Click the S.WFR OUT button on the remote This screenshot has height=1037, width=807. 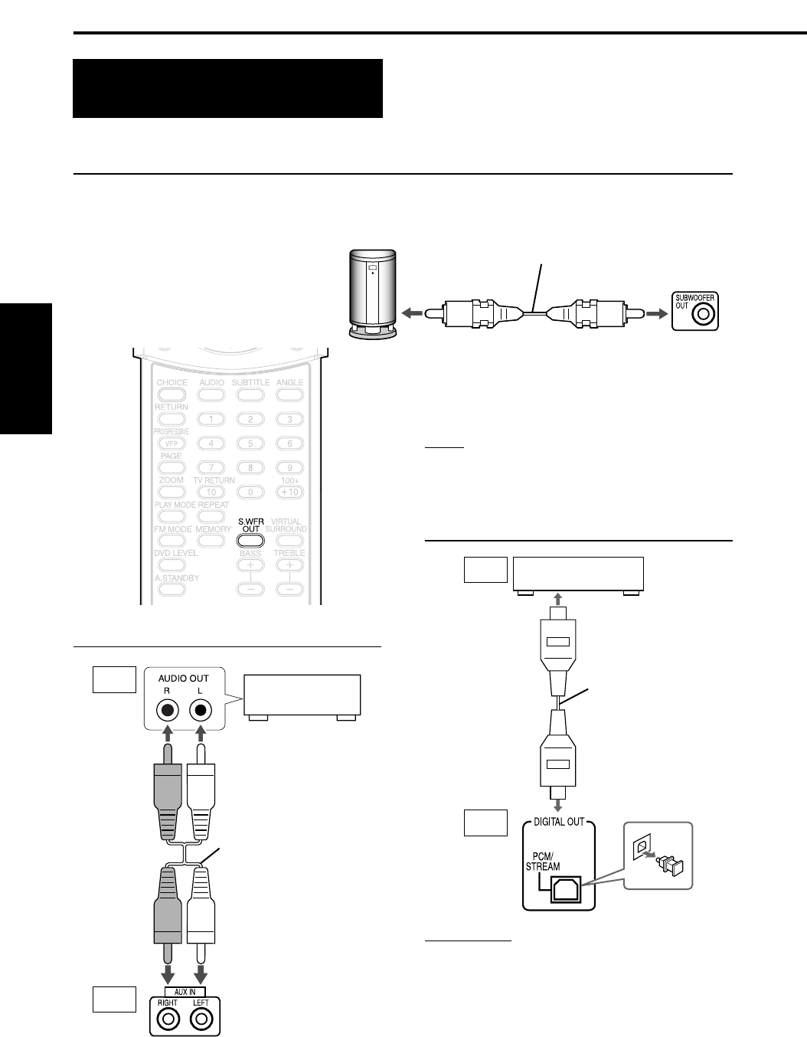pyautogui.click(x=250, y=540)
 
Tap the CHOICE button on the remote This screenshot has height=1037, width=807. pyautogui.click(x=172, y=395)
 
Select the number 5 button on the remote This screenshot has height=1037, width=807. pyautogui.click(x=250, y=443)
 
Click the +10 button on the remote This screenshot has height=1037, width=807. pyautogui.click(x=289, y=492)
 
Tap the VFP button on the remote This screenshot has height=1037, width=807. pyautogui.click(x=172, y=443)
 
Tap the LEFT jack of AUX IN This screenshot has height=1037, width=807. pyautogui.click(x=201, y=1019)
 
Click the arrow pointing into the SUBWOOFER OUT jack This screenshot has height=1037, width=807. pyautogui.click(x=655, y=313)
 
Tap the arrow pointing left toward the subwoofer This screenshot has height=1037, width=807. pyautogui.click(x=410, y=313)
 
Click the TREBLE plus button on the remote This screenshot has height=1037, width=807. pyautogui.click(x=289, y=564)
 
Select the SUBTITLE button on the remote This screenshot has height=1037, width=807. pyautogui.click(x=250, y=395)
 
